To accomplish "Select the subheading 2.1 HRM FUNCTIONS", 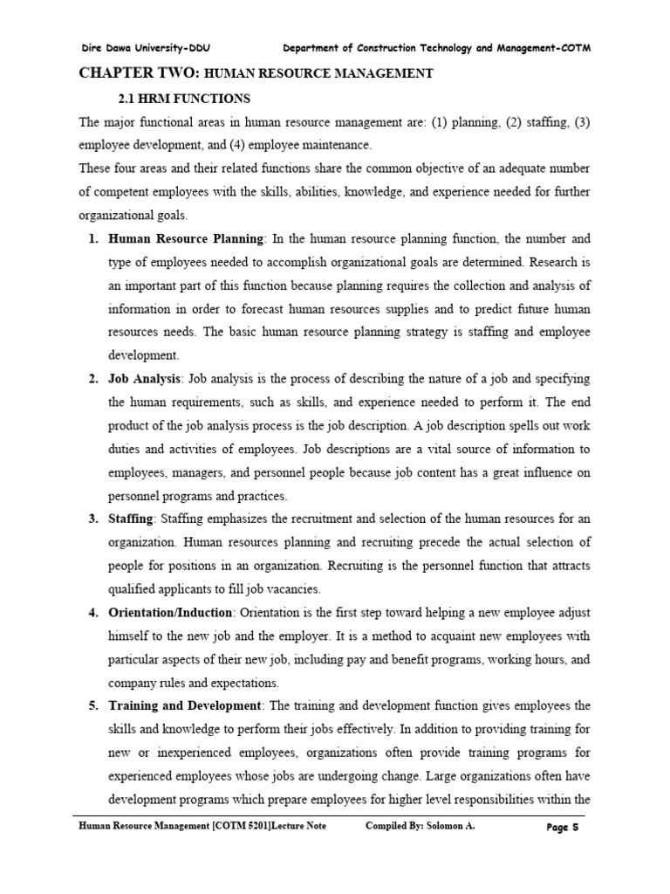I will pyautogui.click(x=184, y=99).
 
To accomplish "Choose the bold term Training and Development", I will pyautogui.click(x=185, y=705).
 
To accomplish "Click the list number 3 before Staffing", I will pyautogui.click(x=92, y=519).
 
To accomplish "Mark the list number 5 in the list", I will pyautogui.click(x=92, y=705).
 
